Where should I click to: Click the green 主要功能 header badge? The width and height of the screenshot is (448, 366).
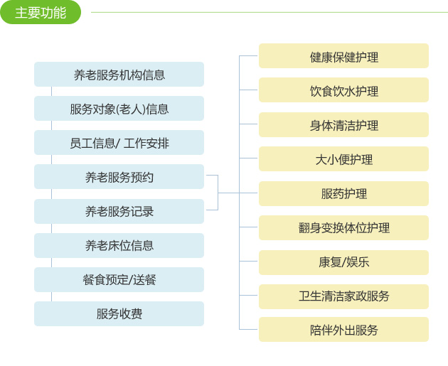coord(41,12)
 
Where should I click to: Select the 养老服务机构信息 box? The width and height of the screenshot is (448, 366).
coord(119,74)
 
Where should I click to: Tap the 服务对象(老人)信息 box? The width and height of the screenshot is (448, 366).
coord(119,109)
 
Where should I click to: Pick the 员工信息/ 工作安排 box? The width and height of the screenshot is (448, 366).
coord(119,142)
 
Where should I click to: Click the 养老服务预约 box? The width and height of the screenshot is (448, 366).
coord(119,177)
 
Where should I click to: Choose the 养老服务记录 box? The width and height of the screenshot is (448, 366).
coord(119,211)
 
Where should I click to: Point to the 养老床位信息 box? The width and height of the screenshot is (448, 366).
coord(119,245)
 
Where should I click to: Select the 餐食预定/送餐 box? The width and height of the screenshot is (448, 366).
coord(119,279)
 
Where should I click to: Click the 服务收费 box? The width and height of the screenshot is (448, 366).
coord(119,313)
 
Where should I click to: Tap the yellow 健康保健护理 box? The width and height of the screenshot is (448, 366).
coord(343,56)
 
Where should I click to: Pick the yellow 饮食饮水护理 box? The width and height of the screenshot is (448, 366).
coord(343,90)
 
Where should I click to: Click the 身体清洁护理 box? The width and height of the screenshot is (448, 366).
coord(343,125)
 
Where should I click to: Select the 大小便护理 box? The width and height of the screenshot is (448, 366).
coord(343,158)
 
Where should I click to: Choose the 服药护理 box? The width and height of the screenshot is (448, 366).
coord(343,193)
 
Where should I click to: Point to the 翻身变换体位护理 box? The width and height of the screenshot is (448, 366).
coord(343,228)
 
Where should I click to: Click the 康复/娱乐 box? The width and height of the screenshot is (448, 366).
coord(343,263)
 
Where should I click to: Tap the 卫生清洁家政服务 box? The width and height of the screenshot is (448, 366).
coord(343,296)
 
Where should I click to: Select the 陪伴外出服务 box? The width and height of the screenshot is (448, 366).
coord(343,329)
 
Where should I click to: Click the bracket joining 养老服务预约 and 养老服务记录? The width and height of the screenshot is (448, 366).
coord(218,193)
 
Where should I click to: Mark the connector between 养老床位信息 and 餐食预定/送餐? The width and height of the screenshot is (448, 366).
coord(51,263)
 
